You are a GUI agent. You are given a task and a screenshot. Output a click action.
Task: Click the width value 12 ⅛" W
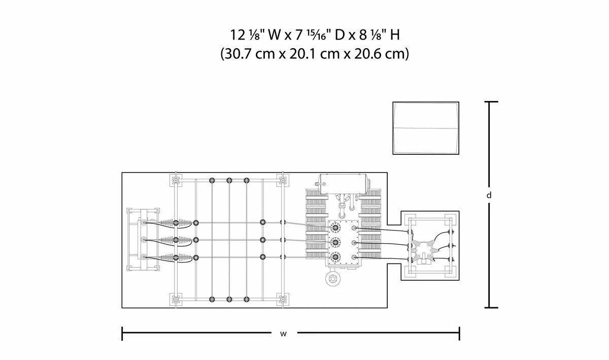tap(247, 35)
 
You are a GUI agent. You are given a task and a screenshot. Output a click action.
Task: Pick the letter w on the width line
tap(283, 334)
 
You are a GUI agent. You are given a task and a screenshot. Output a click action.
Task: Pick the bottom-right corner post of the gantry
tap(281, 299)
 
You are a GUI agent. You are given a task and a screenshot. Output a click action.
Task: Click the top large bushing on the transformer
tap(334, 229)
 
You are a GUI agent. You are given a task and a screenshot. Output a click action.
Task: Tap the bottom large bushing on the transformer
tap(334, 256)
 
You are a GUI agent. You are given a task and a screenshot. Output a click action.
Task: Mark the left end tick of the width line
tap(122, 334)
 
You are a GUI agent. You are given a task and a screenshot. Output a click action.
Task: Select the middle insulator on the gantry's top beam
tap(229, 180)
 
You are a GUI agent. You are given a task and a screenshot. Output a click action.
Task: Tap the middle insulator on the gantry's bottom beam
tap(229, 299)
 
